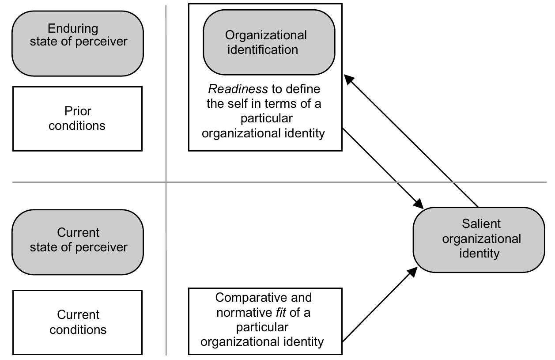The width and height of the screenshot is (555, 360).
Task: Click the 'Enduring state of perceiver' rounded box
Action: pyautogui.click(x=78, y=43)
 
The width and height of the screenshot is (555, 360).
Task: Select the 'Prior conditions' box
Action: pyautogui.click(x=78, y=118)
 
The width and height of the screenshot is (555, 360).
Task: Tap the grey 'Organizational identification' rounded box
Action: pyautogui.click(x=268, y=42)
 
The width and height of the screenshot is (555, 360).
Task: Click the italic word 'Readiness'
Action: pyautogui.click(x=238, y=89)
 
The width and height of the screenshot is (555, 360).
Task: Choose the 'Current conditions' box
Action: pyautogui.click(x=78, y=322)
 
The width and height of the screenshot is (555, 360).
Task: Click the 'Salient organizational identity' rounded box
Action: pyautogui.click(x=479, y=239)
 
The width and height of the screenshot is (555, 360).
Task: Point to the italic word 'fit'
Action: pyautogui.click(x=281, y=313)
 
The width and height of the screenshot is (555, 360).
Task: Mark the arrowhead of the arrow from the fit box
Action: pyautogui.click(x=412, y=271)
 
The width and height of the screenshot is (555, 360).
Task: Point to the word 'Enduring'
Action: pyautogui.click(x=72, y=29)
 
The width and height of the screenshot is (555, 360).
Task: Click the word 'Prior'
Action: pyautogui.click(x=78, y=111)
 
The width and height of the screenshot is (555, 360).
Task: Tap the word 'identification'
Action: pyautogui.click(x=263, y=49)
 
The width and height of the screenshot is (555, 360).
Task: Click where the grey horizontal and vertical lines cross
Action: pyautogui.click(x=166, y=182)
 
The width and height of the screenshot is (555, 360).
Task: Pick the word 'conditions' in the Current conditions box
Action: pyautogui.click(x=78, y=330)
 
